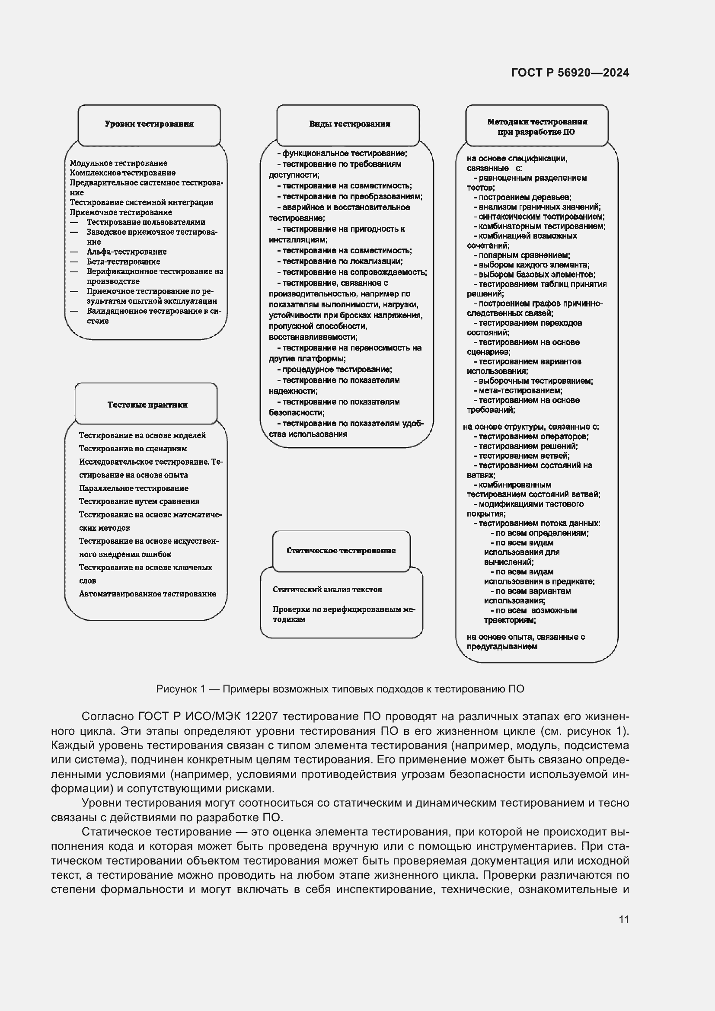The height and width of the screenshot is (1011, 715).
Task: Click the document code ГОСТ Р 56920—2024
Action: coord(570,73)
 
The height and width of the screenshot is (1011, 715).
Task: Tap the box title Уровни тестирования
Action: coord(149,124)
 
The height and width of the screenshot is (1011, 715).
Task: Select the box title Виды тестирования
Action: coord(350,124)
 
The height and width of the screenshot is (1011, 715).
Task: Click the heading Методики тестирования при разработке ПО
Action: coord(537,127)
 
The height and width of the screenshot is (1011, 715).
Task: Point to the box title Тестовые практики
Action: coord(147,405)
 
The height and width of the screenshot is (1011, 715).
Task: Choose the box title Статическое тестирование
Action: coord(341,551)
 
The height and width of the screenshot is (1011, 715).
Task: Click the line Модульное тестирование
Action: coord(118,163)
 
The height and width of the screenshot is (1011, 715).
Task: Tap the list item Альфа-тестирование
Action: coord(126,252)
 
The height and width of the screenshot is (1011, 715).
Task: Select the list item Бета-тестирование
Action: coord(123,262)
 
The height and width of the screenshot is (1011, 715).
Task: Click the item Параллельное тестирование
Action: coord(134,488)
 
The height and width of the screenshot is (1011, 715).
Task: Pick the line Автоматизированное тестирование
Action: coord(147,594)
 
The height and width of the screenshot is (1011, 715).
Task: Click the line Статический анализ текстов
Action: coord(327,590)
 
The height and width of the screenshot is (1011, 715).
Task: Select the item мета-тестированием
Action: coord(520,391)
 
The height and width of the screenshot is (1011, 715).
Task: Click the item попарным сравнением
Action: coord(523,255)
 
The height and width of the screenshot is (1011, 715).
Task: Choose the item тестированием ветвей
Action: coord(523,456)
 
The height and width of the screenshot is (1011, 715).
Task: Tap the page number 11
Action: coord(623,919)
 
